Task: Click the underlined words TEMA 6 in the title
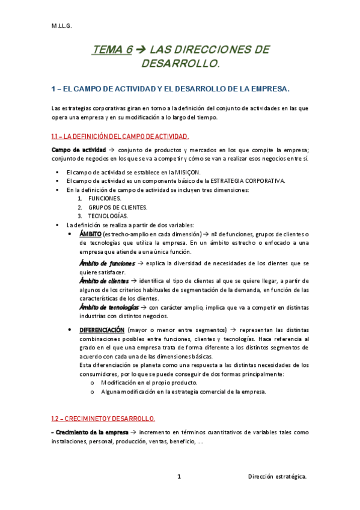click(x=112, y=50)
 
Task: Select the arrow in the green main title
click(x=141, y=50)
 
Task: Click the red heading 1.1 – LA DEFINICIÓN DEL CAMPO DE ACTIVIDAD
click(x=121, y=136)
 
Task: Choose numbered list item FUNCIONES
click(x=105, y=198)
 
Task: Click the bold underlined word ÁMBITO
click(x=90, y=234)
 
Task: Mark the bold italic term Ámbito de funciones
click(x=107, y=263)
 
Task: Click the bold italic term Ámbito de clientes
click(x=104, y=281)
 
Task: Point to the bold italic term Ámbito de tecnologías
click(x=108, y=307)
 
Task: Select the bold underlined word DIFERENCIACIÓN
click(x=102, y=330)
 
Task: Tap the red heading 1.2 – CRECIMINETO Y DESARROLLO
click(x=104, y=418)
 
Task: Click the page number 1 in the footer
click(x=180, y=476)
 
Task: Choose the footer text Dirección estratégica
click(x=277, y=476)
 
